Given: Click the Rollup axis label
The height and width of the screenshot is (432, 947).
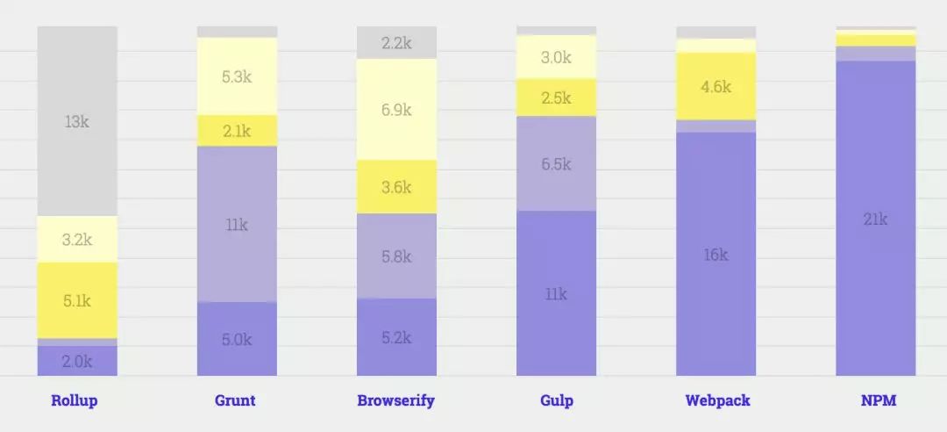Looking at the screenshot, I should tap(75, 401).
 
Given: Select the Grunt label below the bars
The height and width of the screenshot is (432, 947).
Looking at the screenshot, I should tap(235, 401).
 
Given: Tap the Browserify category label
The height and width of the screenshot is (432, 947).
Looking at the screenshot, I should tap(395, 401).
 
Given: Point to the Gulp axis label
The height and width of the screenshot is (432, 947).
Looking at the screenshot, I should tap(557, 401).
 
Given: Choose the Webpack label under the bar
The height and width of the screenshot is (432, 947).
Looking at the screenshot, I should tap(717, 401).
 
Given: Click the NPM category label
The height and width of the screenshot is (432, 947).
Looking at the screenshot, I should tap(879, 401).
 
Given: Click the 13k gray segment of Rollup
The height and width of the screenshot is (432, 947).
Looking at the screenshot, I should tap(77, 121).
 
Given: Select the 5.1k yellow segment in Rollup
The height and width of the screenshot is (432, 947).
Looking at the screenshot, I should tap(77, 301).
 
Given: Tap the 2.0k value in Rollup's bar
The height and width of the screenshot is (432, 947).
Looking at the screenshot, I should tap(77, 361).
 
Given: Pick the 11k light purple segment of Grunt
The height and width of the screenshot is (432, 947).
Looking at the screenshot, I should tap(237, 225).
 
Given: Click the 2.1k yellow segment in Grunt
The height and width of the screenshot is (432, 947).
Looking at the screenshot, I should tap(237, 131).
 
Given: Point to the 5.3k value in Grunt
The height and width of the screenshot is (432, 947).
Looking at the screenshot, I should tap(237, 76).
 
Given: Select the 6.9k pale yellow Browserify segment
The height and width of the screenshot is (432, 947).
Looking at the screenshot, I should tap(396, 110).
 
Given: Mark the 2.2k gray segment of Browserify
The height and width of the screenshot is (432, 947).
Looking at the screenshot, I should tap(396, 42).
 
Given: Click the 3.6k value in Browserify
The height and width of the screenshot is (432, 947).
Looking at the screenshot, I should tap(396, 187).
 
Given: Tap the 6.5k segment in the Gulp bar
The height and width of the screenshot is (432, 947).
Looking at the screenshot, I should tap(556, 164).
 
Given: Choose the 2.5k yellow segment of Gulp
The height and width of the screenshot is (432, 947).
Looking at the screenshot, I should tap(556, 97).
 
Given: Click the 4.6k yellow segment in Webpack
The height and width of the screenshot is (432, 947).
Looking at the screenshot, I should tap(716, 86).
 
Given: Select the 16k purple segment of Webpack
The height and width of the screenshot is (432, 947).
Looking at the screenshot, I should tap(716, 255).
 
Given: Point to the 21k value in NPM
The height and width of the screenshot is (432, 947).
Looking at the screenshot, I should tap(875, 219).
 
